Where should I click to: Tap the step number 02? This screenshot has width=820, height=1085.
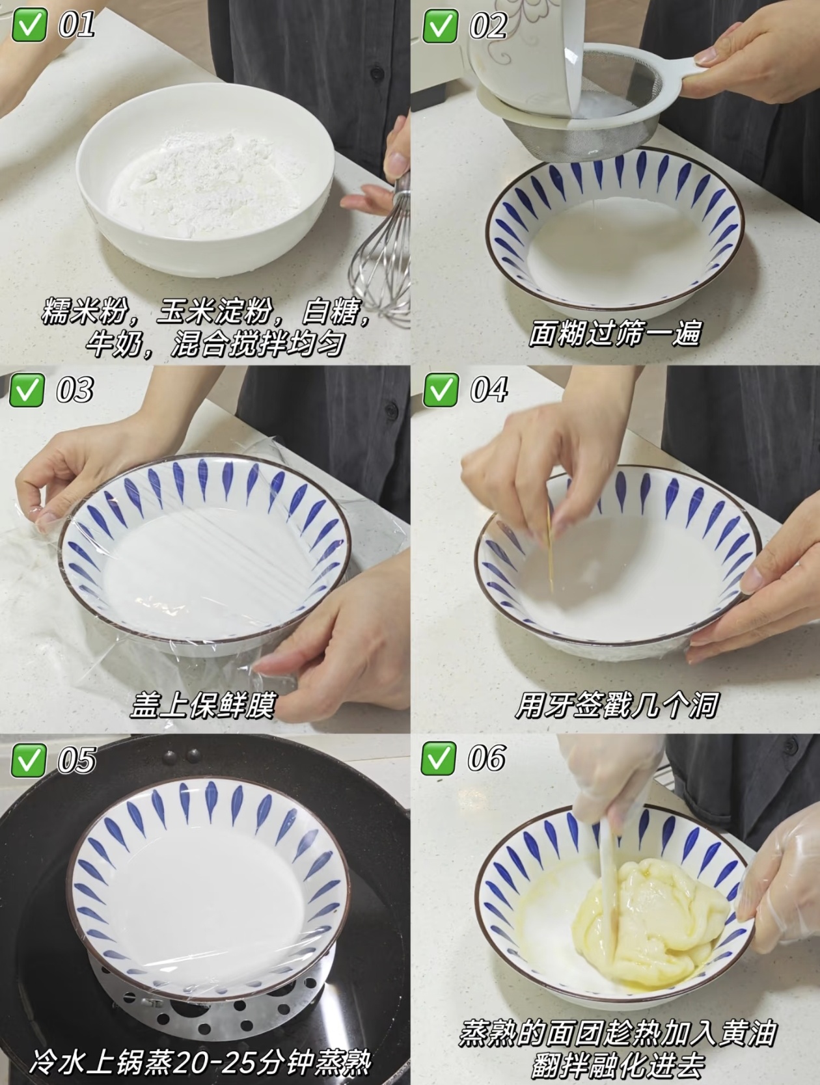coord(488,25)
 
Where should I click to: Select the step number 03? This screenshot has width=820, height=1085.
coord(75,390)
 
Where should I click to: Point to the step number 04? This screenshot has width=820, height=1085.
coord(489,390)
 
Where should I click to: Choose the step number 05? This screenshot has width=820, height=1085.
coord(77,760)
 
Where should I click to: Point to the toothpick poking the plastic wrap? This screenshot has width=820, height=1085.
coord(549,548)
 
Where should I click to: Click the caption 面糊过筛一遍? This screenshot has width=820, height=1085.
coord(615,334)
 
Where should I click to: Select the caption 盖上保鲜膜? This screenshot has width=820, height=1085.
coord(202,705)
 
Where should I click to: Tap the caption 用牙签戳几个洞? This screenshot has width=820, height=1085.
coord(616,705)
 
